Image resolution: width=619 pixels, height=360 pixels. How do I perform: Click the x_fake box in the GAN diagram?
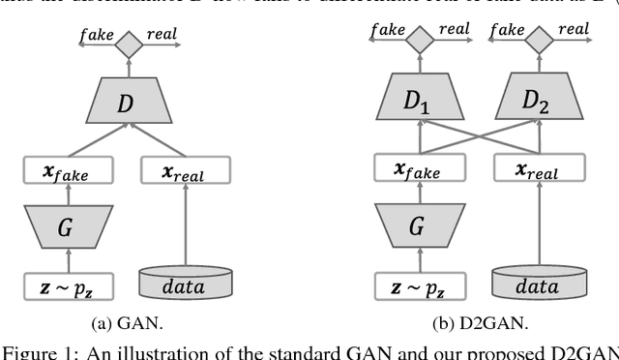click(68, 171)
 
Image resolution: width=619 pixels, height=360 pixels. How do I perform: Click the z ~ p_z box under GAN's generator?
click(68, 286)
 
